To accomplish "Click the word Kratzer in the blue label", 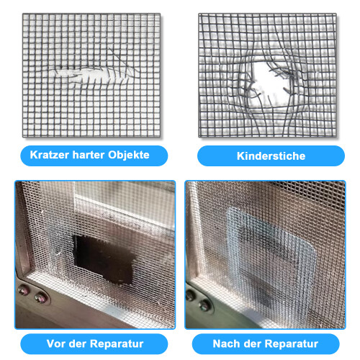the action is pyautogui.click(x=50, y=155).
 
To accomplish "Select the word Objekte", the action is pyautogui.click(x=129, y=156).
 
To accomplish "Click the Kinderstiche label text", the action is pyautogui.click(x=271, y=156).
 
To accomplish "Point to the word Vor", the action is pyautogui.click(x=55, y=343).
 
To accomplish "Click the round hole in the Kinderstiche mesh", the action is pyautogui.click(x=269, y=84).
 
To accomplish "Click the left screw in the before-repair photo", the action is pyautogui.click(x=23, y=291).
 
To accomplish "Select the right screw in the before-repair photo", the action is pyautogui.click(x=40, y=298).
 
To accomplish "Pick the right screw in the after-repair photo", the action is pyautogui.click(x=204, y=305).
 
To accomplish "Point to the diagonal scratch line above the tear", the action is pyautogui.click(x=122, y=59).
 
